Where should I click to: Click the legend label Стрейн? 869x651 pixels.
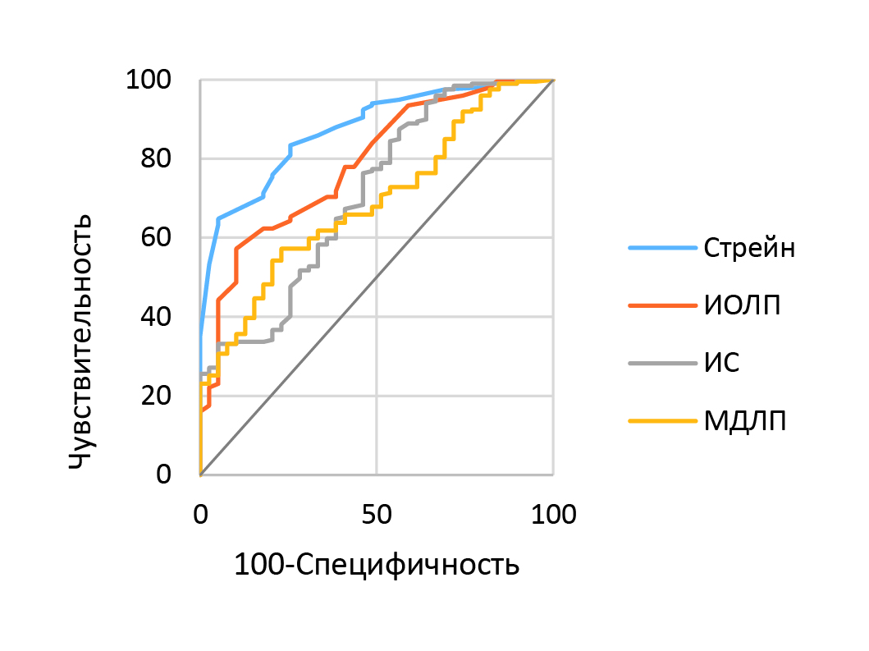click(749, 248)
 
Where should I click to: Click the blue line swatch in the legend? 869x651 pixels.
click(661, 248)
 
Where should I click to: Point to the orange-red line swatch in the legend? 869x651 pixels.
click(661, 305)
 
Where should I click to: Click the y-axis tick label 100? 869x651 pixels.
click(148, 80)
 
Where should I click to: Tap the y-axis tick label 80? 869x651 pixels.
click(158, 159)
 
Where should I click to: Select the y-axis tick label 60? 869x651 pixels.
click(158, 238)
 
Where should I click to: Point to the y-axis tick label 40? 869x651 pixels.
click(158, 317)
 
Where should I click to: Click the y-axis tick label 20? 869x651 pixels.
click(158, 396)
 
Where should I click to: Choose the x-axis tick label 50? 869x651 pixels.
click(377, 515)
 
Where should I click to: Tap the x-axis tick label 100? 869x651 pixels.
click(553, 515)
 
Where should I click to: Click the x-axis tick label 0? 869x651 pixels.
click(200, 515)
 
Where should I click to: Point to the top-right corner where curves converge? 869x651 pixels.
click(553, 80)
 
